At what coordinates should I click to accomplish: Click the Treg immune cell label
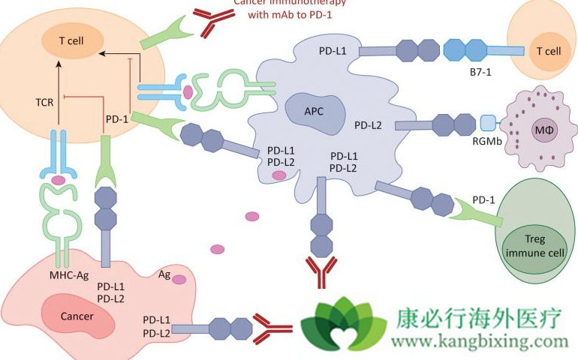(534, 245)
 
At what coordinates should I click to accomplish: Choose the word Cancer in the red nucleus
(78, 316)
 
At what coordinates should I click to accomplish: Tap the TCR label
(44, 102)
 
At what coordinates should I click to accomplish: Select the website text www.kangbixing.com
(481, 342)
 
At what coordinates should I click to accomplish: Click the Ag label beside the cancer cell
(164, 275)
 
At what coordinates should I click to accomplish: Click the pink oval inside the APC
(279, 175)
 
